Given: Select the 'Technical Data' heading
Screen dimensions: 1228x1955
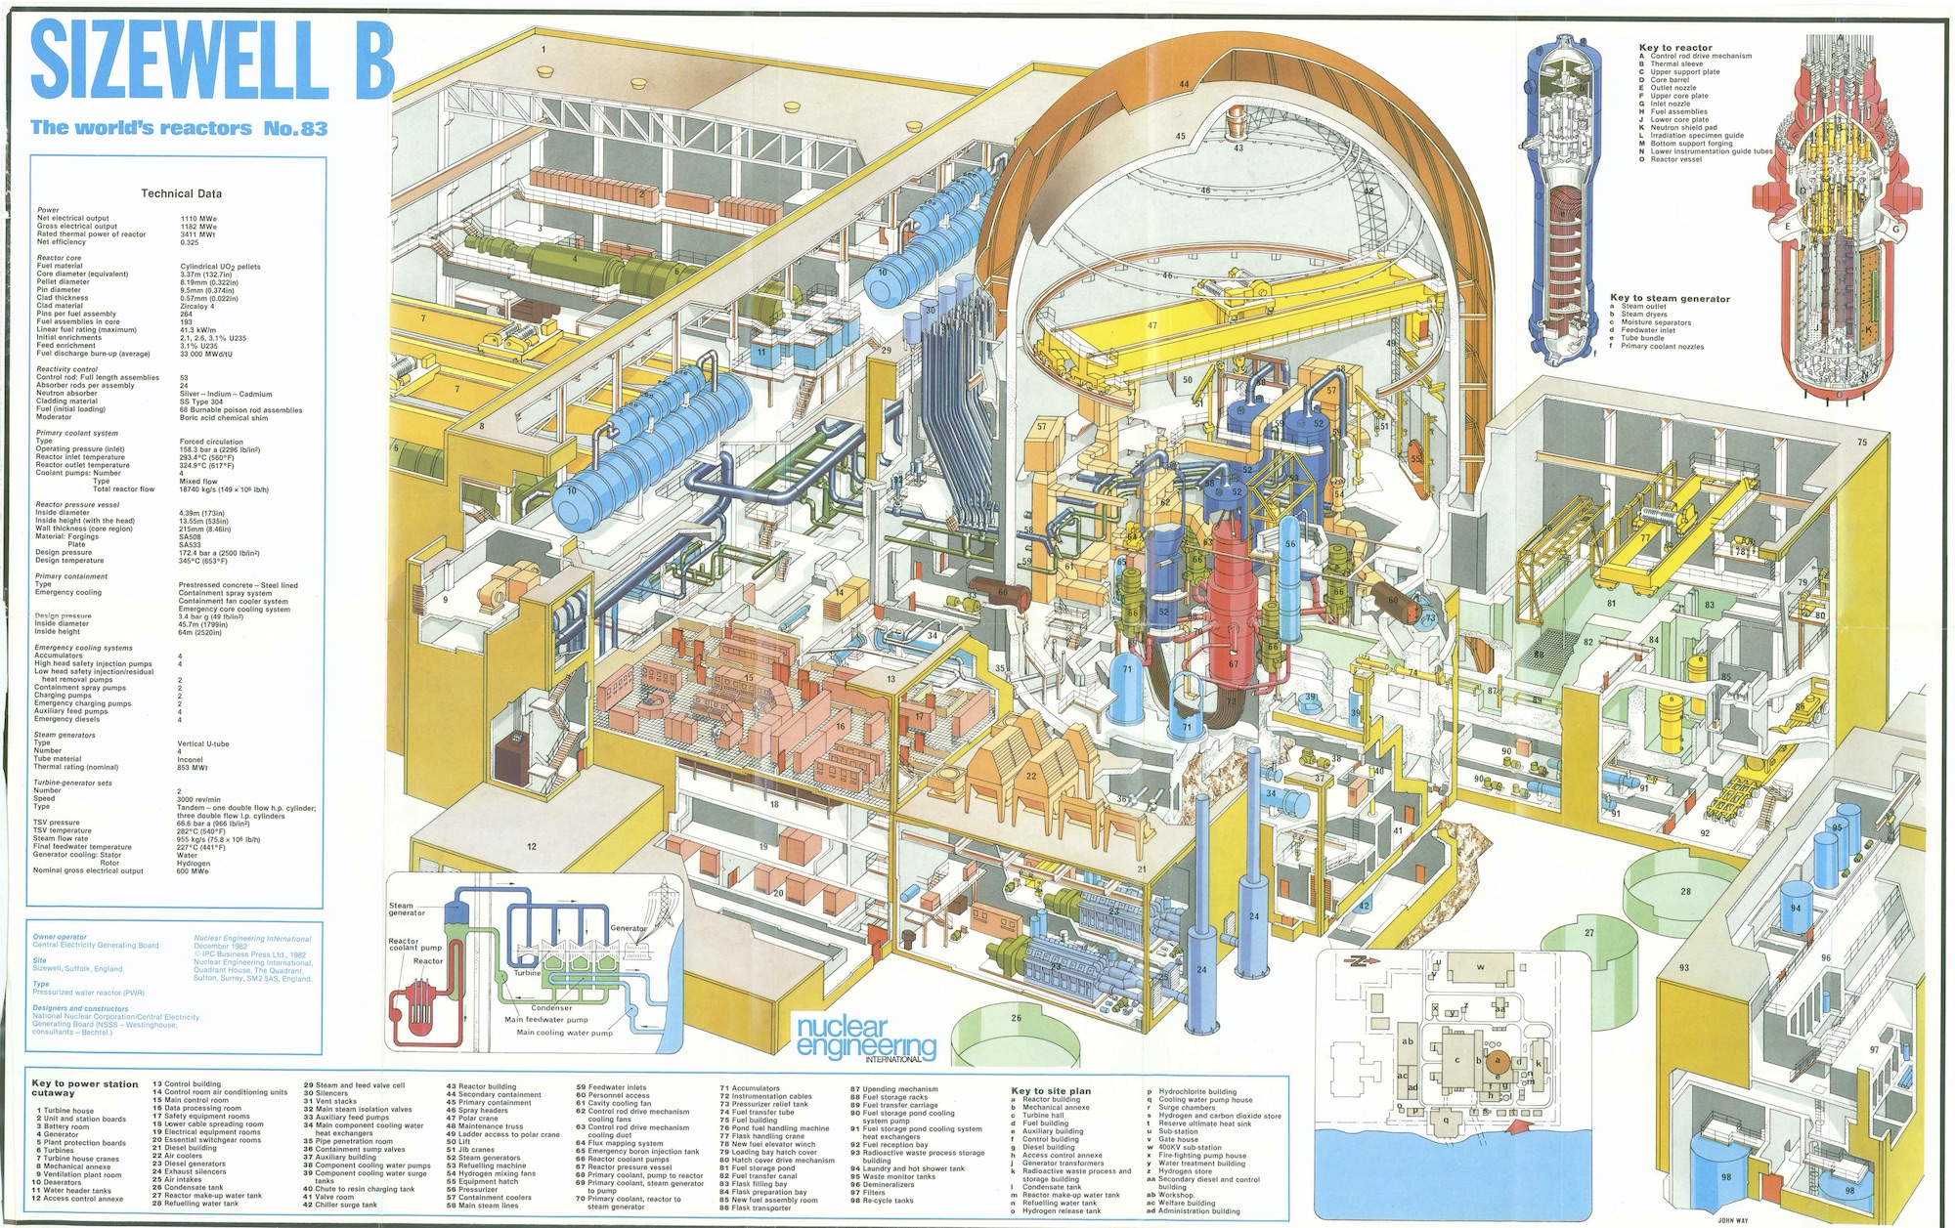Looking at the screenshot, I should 181,193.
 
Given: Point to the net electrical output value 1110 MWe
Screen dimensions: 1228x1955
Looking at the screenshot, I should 198,219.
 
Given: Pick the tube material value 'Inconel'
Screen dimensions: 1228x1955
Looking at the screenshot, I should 191,759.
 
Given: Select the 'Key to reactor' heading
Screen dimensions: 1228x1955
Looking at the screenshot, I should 1675,48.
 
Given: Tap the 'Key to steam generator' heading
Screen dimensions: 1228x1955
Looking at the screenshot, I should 1670,299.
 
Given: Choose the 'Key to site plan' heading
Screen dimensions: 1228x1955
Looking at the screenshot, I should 1051,1090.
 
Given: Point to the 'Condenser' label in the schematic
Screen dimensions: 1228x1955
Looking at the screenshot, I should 552,1008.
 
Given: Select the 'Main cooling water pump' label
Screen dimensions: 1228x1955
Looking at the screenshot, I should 565,1032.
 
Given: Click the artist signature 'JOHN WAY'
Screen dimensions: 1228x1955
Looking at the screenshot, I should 1732,1220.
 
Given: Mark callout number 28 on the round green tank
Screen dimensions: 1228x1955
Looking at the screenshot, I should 1685,892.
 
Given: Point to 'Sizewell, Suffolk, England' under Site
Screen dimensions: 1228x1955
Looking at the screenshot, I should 78,969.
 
